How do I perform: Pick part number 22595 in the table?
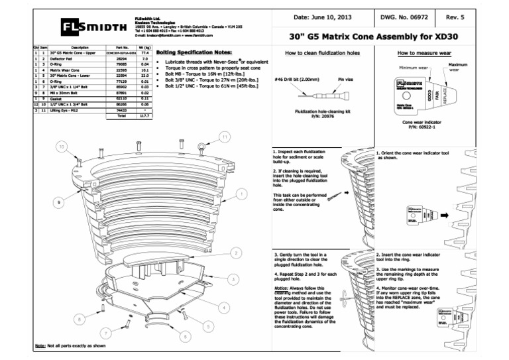tap(121, 69)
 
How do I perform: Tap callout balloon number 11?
tap(225, 137)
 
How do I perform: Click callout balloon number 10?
tap(61, 146)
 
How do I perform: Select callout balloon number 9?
tap(59, 202)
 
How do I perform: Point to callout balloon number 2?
tap(236, 253)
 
